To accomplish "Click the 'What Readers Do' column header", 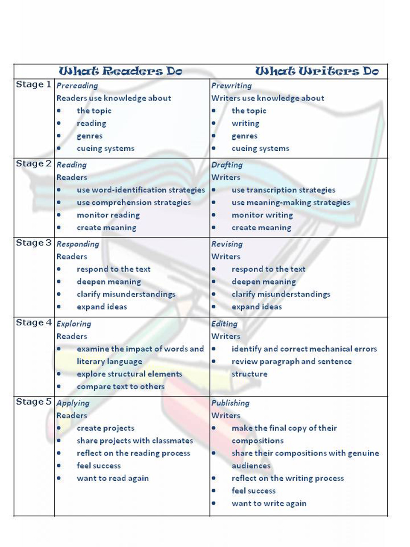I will [120, 71].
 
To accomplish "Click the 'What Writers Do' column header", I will [317, 71].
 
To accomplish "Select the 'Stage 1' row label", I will [33, 85].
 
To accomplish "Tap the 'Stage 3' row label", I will [33, 243].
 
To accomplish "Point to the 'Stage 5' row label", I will [33, 402].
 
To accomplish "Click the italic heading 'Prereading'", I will [77, 85].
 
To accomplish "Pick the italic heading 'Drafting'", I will [227, 165].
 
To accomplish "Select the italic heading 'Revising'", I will [227, 244].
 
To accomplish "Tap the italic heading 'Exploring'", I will [74, 324].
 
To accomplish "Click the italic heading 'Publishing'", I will [230, 403].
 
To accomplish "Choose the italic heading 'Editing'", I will [224, 324].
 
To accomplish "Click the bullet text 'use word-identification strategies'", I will [141, 190].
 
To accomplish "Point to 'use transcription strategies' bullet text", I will [284, 190].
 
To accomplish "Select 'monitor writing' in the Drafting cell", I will [262, 215].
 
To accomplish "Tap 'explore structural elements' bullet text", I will [129, 374].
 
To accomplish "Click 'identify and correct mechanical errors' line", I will [304, 349].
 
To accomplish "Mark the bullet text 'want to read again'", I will [113, 478].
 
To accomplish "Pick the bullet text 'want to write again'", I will [269, 503].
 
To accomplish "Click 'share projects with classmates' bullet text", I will [135, 441].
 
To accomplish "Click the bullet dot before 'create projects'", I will [59, 428].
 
